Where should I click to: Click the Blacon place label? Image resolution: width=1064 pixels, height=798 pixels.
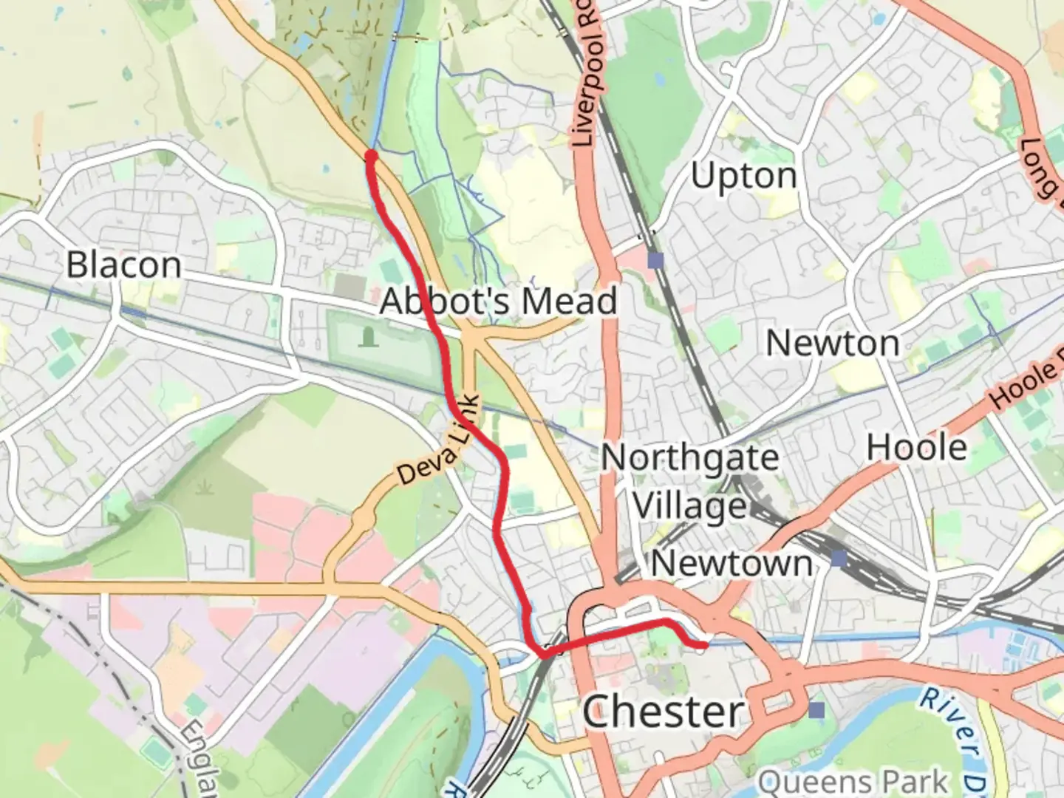tap(123, 265)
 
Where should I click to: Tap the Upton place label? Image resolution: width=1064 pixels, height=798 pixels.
tap(743, 176)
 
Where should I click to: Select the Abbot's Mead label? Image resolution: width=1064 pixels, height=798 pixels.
tap(498, 301)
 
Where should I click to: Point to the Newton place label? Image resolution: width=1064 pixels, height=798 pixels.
tap(832, 344)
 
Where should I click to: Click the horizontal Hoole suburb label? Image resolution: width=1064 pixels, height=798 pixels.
tap(916, 448)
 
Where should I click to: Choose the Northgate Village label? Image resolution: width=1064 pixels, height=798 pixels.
tap(689, 482)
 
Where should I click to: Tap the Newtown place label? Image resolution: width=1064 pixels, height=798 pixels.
tap(731, 564)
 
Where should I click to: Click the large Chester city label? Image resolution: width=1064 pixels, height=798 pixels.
tap(663, 712)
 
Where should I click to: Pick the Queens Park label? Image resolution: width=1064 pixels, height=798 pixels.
tap(853, 782)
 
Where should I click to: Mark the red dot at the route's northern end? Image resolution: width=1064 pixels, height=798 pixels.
tap(371, 155)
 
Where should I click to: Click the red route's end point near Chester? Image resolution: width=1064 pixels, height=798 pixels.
tap(703, 646)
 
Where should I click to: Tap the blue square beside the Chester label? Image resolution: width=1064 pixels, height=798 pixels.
tap(816, 710)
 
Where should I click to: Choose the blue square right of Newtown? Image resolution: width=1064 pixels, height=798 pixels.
tap(838, 559)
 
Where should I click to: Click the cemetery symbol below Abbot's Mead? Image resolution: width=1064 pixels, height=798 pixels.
tap(368, 338)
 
